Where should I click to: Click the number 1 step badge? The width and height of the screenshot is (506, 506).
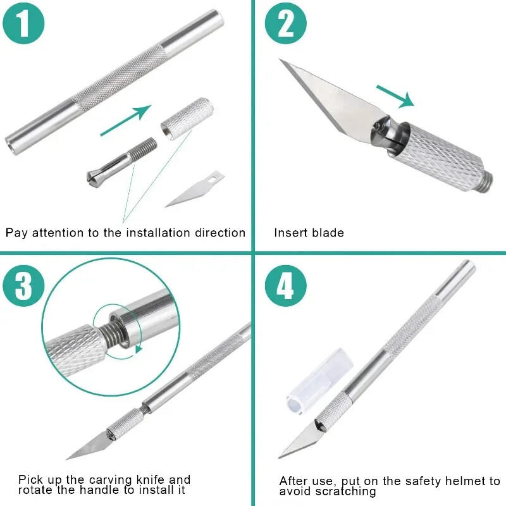pos(23,23)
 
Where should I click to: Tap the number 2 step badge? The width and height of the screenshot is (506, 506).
pos(286,23)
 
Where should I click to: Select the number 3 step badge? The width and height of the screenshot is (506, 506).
pos(23,286)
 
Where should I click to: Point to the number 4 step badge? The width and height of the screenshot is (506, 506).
pos(286,286)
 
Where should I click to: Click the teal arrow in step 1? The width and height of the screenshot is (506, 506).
pos(126,120)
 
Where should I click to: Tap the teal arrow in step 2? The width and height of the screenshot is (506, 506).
pos(396,96)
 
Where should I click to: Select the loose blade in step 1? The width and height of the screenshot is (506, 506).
pos(195,188)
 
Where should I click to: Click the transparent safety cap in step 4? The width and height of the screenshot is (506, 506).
pos(319,381)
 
